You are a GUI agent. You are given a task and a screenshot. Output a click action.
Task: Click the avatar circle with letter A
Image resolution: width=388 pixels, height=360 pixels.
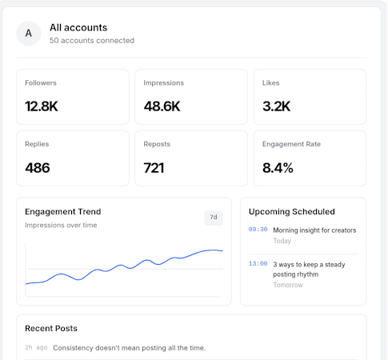point(29,34)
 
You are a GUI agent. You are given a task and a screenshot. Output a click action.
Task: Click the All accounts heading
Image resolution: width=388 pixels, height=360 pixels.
point(78,27)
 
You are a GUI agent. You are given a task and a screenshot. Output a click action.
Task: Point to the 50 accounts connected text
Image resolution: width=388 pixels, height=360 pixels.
point(92,41)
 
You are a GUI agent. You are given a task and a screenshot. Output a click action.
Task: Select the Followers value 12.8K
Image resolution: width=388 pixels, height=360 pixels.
point(42,106)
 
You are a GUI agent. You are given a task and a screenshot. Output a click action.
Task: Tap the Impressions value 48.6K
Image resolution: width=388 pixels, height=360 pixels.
point(162,106)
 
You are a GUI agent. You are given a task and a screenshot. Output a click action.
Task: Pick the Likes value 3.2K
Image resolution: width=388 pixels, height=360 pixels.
point(276,106)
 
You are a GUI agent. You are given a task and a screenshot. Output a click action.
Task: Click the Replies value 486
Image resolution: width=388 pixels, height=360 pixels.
point(38,168)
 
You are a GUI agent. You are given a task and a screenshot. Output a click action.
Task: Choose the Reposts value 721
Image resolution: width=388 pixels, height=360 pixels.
point(154,168)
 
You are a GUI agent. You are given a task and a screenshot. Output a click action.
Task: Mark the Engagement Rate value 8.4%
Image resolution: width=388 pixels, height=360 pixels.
point(278,168)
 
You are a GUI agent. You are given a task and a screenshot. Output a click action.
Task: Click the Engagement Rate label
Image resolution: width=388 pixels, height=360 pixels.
point(291,144)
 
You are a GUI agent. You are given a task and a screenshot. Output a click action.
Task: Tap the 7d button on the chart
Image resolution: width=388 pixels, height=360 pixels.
point(214,218)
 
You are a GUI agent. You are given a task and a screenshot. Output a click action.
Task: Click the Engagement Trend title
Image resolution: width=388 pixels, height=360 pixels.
point(63,212)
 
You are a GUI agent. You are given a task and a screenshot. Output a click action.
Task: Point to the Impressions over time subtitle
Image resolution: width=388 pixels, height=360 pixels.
point(61,225)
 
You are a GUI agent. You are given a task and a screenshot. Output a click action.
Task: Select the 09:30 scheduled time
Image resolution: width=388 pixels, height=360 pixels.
point(258,230)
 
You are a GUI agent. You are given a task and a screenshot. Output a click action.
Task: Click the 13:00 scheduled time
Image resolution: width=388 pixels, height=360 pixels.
point(258,264)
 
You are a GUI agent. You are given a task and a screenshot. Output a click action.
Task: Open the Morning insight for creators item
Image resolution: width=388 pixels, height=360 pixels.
point(314,230)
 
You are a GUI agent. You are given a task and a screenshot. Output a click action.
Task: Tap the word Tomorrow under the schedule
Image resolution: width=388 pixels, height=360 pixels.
point(288,285)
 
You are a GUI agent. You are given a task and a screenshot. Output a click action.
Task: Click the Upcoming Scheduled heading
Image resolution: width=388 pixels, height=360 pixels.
point(292,212)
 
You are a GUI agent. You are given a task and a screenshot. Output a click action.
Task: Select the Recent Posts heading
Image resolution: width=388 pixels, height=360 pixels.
point(51,328)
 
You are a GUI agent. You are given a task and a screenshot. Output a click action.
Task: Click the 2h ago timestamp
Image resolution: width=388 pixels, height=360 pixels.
point(36,347)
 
